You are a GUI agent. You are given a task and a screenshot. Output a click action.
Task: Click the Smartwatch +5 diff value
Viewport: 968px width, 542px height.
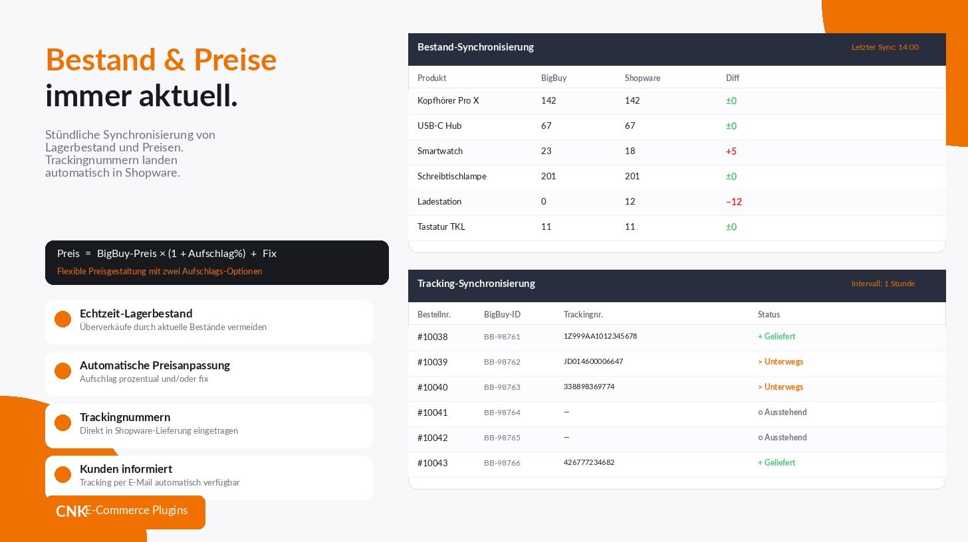(x=731, y=151)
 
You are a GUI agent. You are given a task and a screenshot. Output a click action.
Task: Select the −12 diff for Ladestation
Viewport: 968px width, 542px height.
(x=734, y=202)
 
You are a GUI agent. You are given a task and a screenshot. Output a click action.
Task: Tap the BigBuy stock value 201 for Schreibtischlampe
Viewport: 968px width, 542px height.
(x=548, y=176)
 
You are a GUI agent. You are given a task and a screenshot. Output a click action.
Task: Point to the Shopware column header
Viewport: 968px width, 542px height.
(x=642, y=78)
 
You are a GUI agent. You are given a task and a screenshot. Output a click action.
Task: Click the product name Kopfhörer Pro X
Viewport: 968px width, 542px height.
(x=448, y=100)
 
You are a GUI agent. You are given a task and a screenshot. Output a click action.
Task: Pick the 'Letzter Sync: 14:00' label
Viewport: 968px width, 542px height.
(x=885, y=47)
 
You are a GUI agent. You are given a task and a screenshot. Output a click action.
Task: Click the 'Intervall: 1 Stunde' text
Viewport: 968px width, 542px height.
(x=883, y=284)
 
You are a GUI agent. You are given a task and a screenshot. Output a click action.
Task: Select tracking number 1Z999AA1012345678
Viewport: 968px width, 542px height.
(x=600, y=336)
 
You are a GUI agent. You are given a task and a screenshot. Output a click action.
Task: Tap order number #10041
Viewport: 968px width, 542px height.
(x=432, y=412)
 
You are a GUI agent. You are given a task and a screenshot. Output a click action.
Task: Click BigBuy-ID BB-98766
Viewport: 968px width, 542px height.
(x=502, y=463)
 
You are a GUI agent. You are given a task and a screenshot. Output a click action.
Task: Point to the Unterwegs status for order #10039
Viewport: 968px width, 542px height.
(x=781, y=362)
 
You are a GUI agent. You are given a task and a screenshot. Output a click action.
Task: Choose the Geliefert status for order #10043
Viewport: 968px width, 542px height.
(x=777, y=462)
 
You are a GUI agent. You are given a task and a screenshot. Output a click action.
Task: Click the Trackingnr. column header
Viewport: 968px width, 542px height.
(x=583, y=314)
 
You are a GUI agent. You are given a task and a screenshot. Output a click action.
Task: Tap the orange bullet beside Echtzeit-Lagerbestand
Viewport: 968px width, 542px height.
(x=62, y=319)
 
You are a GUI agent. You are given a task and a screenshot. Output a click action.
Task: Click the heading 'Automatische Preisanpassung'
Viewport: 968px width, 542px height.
(x=155, y=365)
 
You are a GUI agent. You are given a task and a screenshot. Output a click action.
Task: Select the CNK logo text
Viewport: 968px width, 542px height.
(x=71, y=511)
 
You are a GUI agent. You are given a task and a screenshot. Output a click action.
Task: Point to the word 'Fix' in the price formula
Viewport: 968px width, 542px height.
(x=269, y=254)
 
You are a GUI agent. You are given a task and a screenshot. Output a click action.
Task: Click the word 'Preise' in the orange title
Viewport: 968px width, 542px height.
(x=235, y=60)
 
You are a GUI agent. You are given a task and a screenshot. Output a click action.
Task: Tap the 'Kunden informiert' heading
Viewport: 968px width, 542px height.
(x=126, y=469)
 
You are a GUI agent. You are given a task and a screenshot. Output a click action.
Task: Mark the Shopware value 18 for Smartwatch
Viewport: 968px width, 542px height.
(x=630, y=151)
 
